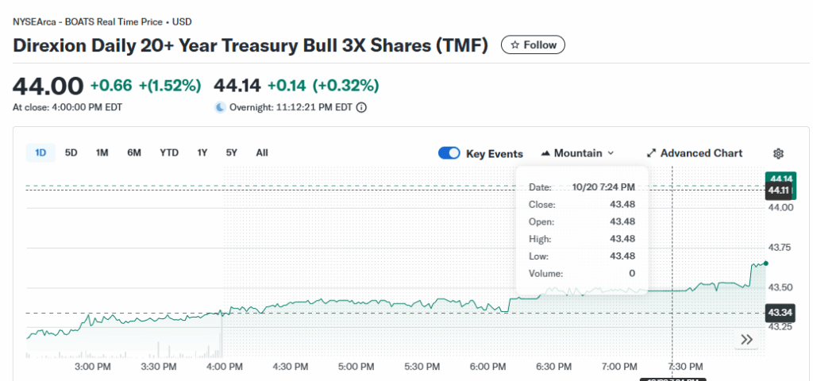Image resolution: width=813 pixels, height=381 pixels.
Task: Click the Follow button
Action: [533, 45]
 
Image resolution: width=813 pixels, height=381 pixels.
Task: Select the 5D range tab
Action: [71, 153]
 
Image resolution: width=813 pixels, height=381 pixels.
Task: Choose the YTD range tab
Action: [169, 153]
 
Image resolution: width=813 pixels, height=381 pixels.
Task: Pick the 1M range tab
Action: [102, 153]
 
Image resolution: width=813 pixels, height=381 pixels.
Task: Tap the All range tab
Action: [262, 153]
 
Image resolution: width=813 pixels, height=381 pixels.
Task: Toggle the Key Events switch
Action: [449, 153]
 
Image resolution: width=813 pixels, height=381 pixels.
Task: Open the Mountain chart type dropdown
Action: [578, 153]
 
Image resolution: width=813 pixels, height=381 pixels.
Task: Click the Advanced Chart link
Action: [695, 153]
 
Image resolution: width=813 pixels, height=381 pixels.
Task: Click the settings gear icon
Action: [778, 153]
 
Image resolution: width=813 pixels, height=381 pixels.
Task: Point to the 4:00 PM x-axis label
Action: [224, 367]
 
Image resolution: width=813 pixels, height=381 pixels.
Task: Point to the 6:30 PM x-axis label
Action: [553, 367]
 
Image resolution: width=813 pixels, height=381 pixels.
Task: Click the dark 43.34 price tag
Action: [778, 313]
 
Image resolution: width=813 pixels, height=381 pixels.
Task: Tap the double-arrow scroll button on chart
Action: [746, 340]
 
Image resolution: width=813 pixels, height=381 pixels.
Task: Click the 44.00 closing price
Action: [48, 86]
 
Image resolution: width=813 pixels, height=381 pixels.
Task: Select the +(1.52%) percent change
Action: [170, 86]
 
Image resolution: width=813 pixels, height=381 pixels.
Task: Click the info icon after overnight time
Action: [361, 108]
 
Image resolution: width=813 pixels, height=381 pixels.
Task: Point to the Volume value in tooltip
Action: [632, 274]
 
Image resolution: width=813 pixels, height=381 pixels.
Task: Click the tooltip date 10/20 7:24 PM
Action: [603, 187]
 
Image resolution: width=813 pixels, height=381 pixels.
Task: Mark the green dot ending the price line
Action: [765, 263]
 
